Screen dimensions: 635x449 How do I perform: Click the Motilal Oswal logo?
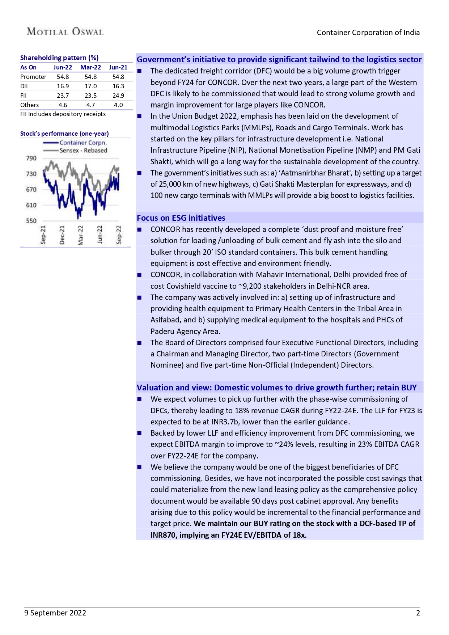pyautogui.click(x=65, y=32)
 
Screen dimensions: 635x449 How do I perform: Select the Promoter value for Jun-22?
pyautogui.click(x=63, y=77)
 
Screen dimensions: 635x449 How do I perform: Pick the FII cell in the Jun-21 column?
pyautogui.click(x=118, y=96)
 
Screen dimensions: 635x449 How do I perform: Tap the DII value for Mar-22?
pyautogui.click(x=90, y=86)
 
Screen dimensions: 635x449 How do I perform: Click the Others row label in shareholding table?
pyautogui.click(x=29, y=105)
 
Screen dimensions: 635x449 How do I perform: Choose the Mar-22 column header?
pyautogui.click(x=90, y=67)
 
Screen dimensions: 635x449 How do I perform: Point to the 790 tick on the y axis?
pyautogui.click(x=31, y=158)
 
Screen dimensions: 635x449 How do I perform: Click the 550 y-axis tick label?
pyautogui.click(x=31, y=221)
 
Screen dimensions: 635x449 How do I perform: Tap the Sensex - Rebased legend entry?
pyautogui.click(x=83, y=150)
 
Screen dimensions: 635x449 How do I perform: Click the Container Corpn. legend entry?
pyautogui.click(x=83, y=143)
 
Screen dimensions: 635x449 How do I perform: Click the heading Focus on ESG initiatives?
pyautogui.click(x=181, y=218)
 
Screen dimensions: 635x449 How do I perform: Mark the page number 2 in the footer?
pyautogui.click(x=418, y=613)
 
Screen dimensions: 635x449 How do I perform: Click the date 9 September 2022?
pyautogui.click(x=55, y=613)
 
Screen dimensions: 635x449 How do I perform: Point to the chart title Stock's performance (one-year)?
pyautogui.click(x=64, y=134)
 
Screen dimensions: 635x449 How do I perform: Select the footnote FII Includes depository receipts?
pyautogui.click(x=63, y=114)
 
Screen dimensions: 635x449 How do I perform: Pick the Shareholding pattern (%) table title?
pyautogui.click(x=59, y=58)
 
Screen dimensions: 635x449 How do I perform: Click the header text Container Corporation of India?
pyautogui.click(x=368, y=33)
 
